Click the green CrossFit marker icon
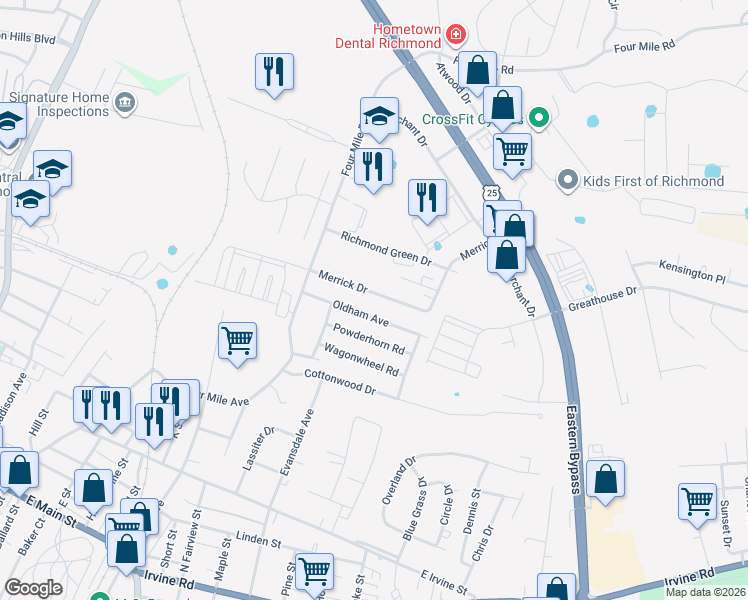coord(539,119)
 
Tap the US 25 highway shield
coord(490,191)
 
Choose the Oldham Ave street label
coord(360,313)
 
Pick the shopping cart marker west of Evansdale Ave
coord(238,341)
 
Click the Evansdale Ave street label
coord(297,441)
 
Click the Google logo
coord(33,588)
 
